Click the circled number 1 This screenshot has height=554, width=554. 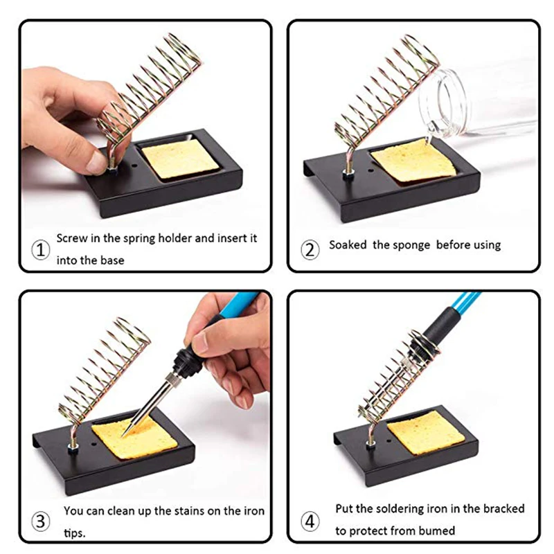[41, 250]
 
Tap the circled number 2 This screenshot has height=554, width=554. [310, 250]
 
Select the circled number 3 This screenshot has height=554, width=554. [41, 521]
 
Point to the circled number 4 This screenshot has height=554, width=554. [310, 521]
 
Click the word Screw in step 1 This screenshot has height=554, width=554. [72, 238]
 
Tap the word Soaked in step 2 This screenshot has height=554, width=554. [348, 245]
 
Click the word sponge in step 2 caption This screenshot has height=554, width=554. [410, 246]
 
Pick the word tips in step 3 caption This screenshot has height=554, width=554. [75, 533]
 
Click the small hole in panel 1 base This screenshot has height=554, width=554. [134, 165]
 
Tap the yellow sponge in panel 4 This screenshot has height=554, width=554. [426, 432]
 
